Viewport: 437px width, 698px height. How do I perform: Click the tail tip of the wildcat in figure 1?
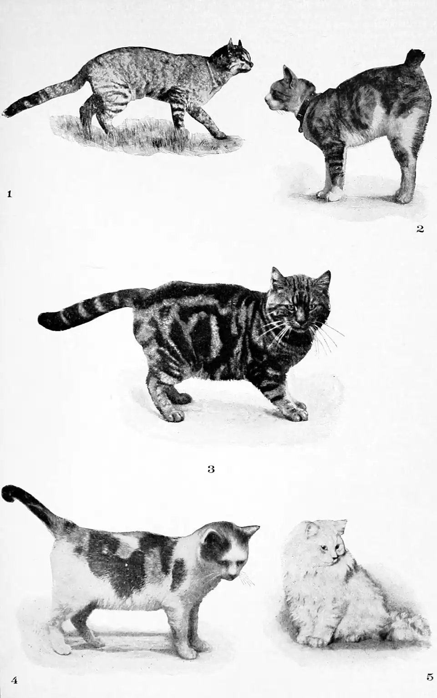10,111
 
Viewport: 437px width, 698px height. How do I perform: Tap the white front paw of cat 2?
329,194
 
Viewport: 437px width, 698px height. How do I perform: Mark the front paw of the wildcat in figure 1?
222,134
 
